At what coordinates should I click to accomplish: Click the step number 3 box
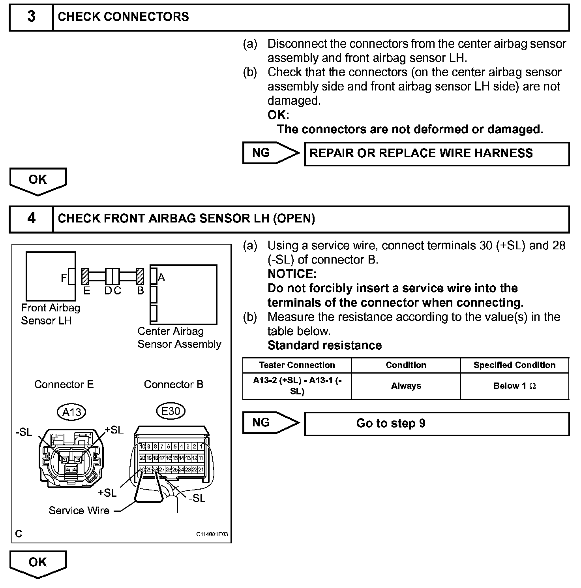[x=31, y=17]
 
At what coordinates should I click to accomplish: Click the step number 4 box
[x=31, y=219]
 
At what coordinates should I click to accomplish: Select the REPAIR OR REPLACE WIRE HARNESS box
[x=437, y=154]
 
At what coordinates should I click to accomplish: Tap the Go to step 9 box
[x=437, y=424]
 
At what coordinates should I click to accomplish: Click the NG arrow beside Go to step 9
[x=271, y=423]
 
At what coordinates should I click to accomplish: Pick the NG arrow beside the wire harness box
[x=271, y=153]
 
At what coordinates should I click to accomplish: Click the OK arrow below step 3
[x=38, y=180]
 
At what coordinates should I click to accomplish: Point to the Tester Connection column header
[x=297, y=365]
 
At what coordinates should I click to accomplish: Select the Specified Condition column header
[x=514, y=365]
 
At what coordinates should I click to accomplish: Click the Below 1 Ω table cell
[x=514, y=386]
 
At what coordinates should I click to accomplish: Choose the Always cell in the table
[x=406, y=386]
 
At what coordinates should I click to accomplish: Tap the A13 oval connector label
[x=71, y=412]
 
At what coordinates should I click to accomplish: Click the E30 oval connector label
[x=171, y=411]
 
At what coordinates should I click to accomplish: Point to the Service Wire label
[x=79, y=511]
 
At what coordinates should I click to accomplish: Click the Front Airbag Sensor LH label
[x=50, y=314]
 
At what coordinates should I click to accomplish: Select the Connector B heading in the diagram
[x=174, y=384]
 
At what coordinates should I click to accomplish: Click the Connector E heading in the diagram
[x=64, y=384]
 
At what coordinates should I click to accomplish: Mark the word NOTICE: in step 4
[x=292, y=274]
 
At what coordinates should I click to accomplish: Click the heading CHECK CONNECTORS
[x=123, y=17]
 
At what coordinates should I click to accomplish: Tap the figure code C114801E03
[x=212, y=534]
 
